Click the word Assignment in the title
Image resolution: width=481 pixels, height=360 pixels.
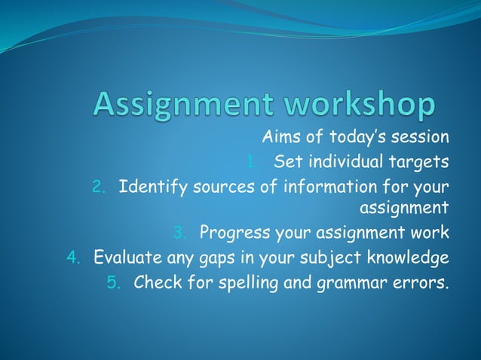(x=180, y=105)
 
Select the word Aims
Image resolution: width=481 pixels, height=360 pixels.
(x=279, y=137)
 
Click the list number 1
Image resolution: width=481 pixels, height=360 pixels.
(x=251, y=162)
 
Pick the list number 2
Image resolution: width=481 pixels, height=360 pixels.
(x=98, y=187)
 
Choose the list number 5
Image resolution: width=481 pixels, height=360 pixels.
(x=112, y=284)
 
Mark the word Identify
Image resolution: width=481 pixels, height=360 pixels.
(x=149, y=185)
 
